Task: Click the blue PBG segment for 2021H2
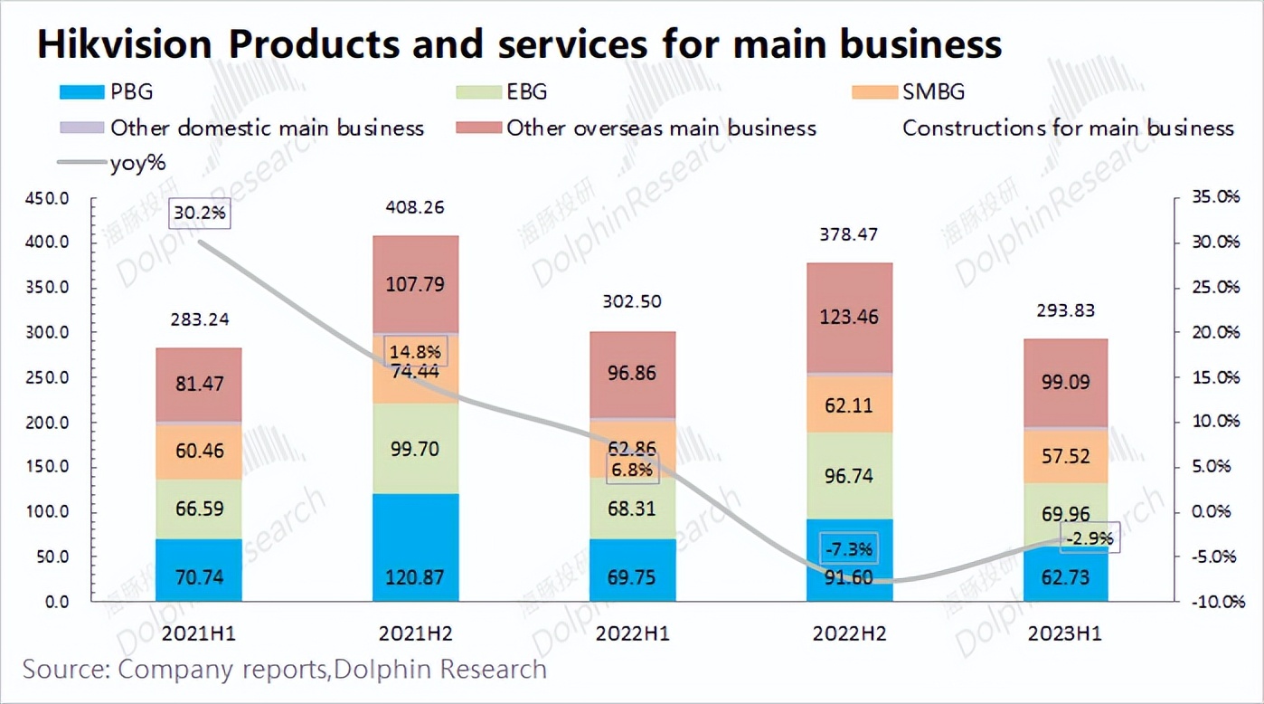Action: [x=415, y=547]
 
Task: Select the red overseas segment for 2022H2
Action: [x=849, y=318]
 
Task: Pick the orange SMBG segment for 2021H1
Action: [x=198, y=452]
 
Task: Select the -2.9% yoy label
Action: [x=1089, y=538]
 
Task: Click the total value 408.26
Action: [x=415, y=207]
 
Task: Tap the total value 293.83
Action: [x=1065, y=310]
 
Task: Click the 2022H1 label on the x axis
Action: [x=632, y=633]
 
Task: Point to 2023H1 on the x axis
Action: [x=1065, y=633]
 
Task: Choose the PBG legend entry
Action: [x=108, y=92]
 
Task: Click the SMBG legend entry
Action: [x=913, y=92]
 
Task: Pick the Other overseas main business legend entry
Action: [x=637, y=128]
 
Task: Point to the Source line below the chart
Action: [x=284, y=670]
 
